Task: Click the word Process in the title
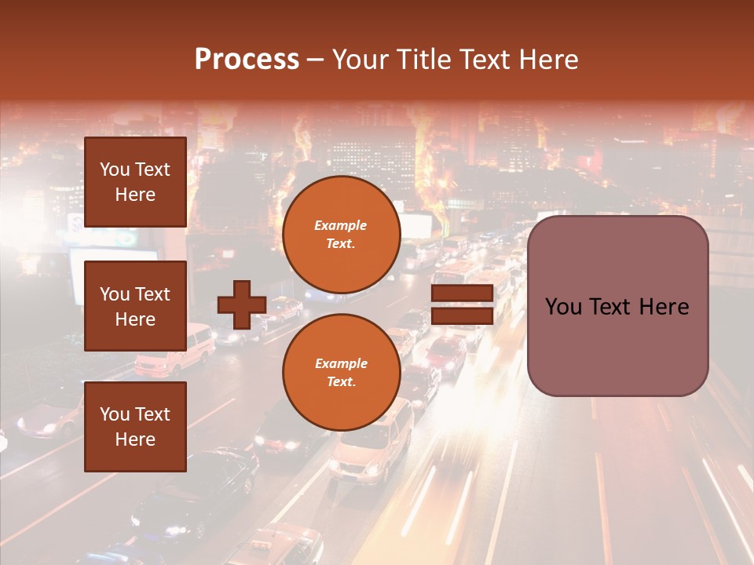coord(247,60)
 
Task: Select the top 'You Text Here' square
coord(135,182)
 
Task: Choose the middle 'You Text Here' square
coord(135,306)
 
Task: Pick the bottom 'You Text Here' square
coord(135,426)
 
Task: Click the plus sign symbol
coord(241,304)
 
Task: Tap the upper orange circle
coord(341,234)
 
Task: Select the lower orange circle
coord(341,372)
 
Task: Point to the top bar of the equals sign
coord(463,293)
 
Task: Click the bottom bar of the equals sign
coord(463,315)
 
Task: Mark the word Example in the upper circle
coord(341,225)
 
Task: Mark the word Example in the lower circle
coord(341,363)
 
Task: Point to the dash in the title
coord(316,60)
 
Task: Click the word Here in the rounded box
coord(664,307)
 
